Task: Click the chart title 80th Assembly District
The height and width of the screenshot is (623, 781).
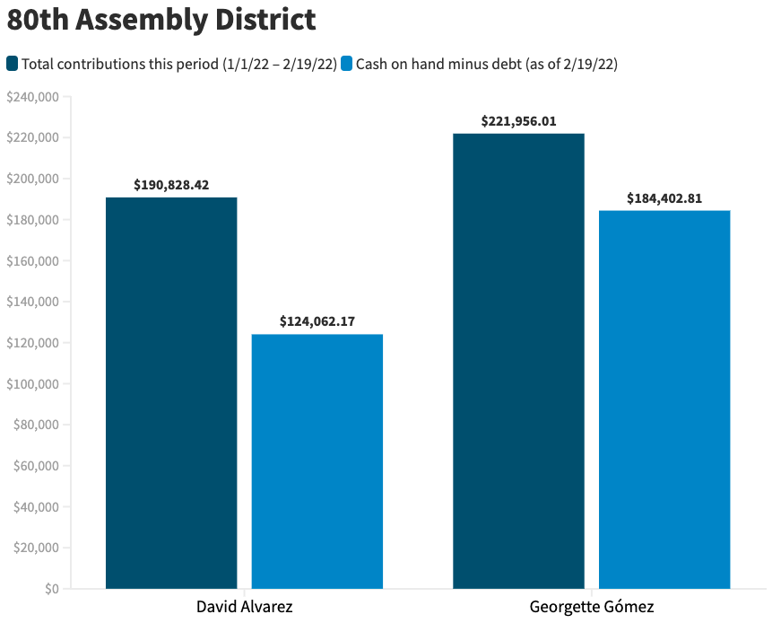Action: click(x=161, y=20)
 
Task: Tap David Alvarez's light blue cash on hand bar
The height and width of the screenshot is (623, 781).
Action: click(x=317, y=461)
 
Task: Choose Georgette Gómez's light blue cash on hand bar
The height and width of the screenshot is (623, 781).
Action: click(x=664, y=399)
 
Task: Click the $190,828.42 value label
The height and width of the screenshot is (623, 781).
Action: click(x=171, y=185)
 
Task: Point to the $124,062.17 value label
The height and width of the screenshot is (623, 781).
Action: click(x=317, y=321)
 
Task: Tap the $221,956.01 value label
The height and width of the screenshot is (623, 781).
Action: click(x=518, y=120)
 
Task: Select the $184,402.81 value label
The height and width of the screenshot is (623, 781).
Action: click(x=664, y=197)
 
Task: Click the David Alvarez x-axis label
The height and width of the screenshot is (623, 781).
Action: click(x=244, y=607)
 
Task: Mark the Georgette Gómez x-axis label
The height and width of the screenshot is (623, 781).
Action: click(x=592, y=607)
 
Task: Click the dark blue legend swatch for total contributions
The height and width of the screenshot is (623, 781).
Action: click(x=13, y=64)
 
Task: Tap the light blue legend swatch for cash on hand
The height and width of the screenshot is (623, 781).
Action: click(x=347, y=64)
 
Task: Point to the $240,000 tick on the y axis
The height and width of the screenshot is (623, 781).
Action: click(x=32, y=97)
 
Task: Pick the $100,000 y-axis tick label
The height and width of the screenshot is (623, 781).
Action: click(x=32, y=384)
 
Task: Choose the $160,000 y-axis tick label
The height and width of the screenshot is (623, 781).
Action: click(x=32, y=261)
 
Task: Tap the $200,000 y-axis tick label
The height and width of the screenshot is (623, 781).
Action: click(x=32, y=179)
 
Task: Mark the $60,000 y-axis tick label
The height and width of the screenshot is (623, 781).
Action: click(x=36, y=466)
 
